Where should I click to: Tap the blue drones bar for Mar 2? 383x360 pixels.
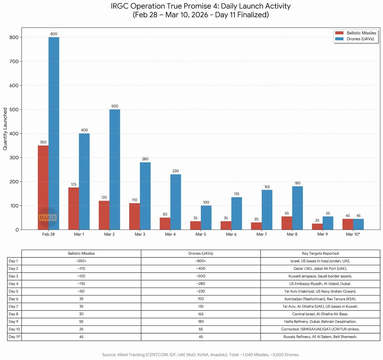(x=115, y=169)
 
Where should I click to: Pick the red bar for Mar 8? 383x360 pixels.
(x=287, y=223)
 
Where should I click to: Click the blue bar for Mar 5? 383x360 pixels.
(x=206, y=218)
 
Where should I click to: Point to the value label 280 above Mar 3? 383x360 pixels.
(x=145, y=159)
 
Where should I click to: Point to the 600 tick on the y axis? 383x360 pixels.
(x=14, y=85)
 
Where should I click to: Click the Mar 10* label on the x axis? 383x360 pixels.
(x=353, y=234)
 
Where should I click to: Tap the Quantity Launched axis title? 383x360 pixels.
(x=5, y=129)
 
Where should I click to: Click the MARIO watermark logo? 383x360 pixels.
(x=48, y=218)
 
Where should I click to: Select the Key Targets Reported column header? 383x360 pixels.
(x=320, y=253)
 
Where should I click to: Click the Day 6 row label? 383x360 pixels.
(x=14, y=299)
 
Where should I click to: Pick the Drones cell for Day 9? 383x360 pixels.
(x=201, y=321)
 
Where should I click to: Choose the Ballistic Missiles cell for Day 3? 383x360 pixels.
(x=81, y=276)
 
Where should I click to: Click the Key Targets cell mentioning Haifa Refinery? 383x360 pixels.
(x=320, y=321)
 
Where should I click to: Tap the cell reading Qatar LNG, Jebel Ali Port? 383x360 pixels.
(x=320, y=268)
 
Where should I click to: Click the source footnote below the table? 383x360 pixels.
(x=200, y=355)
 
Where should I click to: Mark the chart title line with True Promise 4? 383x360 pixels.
(x=200, y=6)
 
